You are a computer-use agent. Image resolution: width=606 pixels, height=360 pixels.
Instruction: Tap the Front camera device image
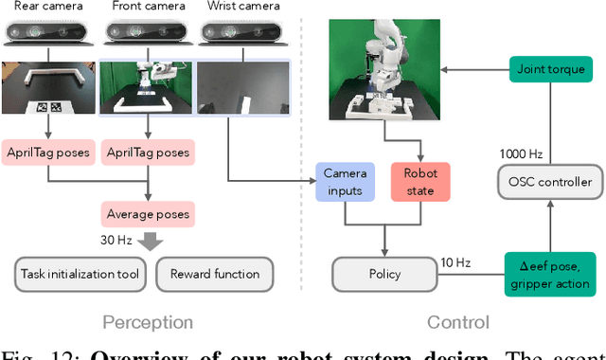pyautogui.click(x=147, y=36)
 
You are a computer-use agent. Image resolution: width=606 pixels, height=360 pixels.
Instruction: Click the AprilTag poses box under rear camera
pyautogui.click(x=49, y=152)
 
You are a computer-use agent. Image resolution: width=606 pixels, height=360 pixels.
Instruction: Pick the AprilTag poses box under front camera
pyautogui.click(x=147, y=152)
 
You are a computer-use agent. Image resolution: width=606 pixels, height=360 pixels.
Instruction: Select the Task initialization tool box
pyautogui.click(x=80, y=274)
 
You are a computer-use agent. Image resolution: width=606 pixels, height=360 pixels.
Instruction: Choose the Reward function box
pyautogui.click(x=214, y=274)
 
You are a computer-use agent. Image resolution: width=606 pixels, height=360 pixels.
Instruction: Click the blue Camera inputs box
pyautogui.click(x=345, y=181)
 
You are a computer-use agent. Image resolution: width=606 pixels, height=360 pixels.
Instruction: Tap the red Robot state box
pyautogui.click(x=420, y=181)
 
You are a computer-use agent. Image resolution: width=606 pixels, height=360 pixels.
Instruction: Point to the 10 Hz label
pyautogui.click(x=456, y=261)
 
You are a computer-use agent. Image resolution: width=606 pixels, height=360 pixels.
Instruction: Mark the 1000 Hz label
pyautogui.click(x=519, y=153)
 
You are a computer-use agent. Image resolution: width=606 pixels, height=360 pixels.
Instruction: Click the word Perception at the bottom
pyautogui.click(x=146, y=322)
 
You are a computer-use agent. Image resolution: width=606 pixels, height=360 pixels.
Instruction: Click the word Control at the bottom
pyautogui.click(x=457, y=322)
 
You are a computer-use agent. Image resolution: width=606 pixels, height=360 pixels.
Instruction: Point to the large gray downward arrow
pyautogui.click(x=147, y=240)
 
